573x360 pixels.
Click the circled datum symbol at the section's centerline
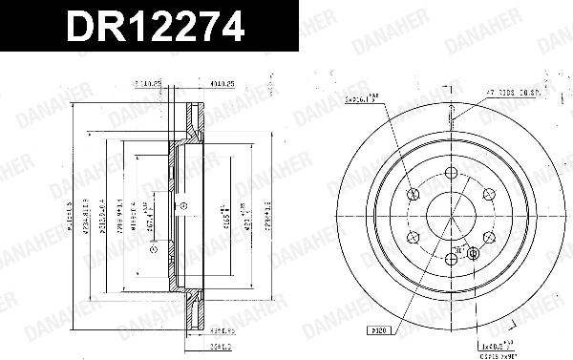pos(185,206)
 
